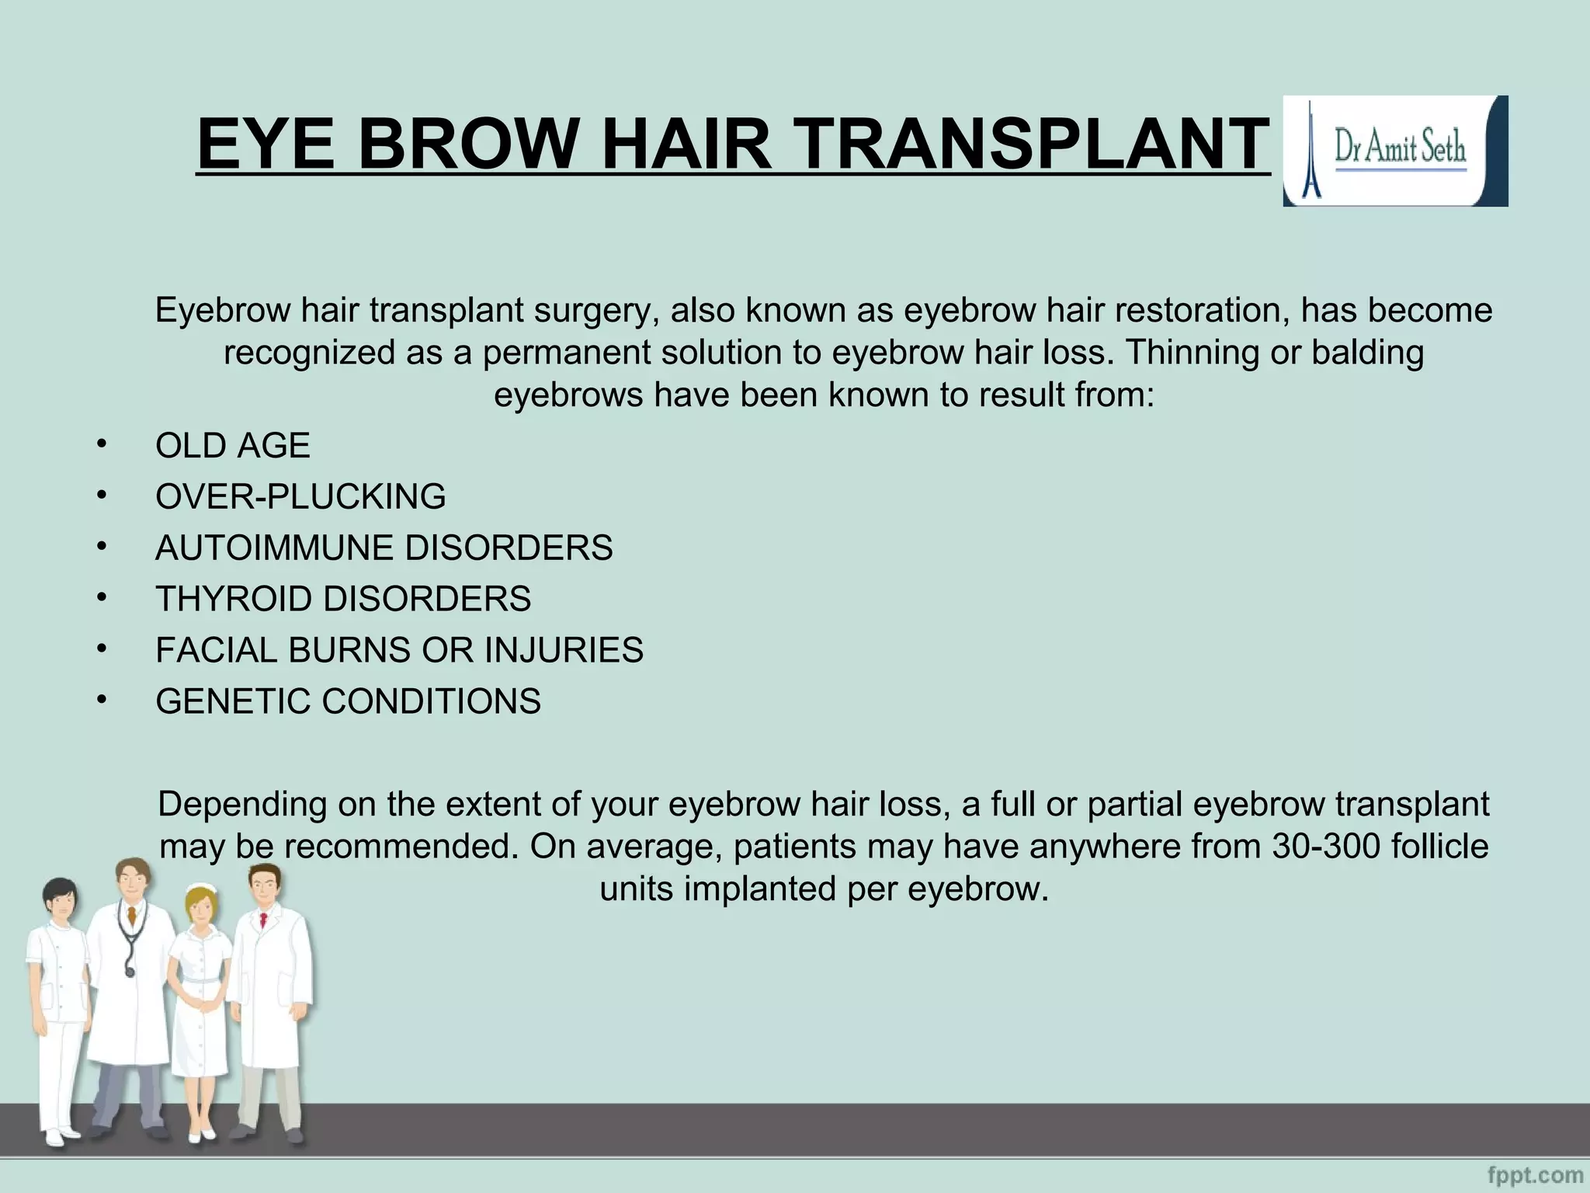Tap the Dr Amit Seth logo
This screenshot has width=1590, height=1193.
[x=1395, y=151]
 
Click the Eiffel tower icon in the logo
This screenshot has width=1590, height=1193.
[x=1311, y=151]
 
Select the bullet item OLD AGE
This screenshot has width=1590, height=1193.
[x=232, y=446]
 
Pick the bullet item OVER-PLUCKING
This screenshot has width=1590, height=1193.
[x=300, y=497]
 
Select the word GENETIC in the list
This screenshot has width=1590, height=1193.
[x=232, y=701]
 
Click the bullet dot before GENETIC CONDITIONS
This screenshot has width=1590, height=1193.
[x=101, y=699]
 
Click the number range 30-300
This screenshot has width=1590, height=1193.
[x=1326, y=847]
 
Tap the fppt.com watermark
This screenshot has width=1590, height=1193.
[x=1536, y=1174]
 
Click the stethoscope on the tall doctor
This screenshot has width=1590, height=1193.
[x=129, y=944]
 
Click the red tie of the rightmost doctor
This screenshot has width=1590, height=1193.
[x=264, y=921]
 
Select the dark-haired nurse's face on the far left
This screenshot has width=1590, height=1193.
[x=61, y=902]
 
